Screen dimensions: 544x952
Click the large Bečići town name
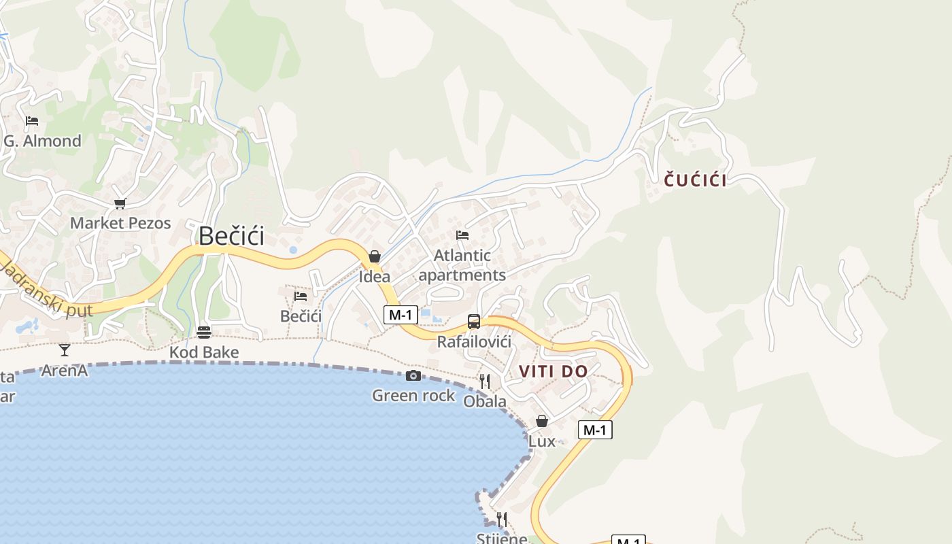[x=231, y=236]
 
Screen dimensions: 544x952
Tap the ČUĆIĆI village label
[x=695, y=180]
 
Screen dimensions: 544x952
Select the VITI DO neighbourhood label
[x=553, y=371]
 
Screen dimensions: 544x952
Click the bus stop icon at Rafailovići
[x=474, y=322]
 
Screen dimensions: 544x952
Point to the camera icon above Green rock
[x=413, y=376]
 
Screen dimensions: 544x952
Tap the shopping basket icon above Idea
[x=374, y=256]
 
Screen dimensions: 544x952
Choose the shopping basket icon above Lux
[x=542, y=421]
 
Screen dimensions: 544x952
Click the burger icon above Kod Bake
[x=204, y=333]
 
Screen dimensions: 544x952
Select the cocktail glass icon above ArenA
[x=65, y=350]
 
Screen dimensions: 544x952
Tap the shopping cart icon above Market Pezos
[x=120, y=203]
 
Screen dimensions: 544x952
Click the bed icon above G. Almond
[x=32, y=122]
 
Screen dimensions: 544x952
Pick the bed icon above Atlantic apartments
[x=462, y=235]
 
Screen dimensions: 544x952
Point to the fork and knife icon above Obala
[x=485, y=381]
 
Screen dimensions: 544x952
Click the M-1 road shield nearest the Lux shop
[x=595, y=430]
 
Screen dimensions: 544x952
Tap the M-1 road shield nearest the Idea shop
[x=401, y=314]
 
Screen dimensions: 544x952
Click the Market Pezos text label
[x=120, y=223]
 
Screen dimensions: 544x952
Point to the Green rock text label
[x=413, y=395]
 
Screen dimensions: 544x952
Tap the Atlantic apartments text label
[x=462, y=265]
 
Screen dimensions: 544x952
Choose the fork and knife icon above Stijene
[x=502, y=520]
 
